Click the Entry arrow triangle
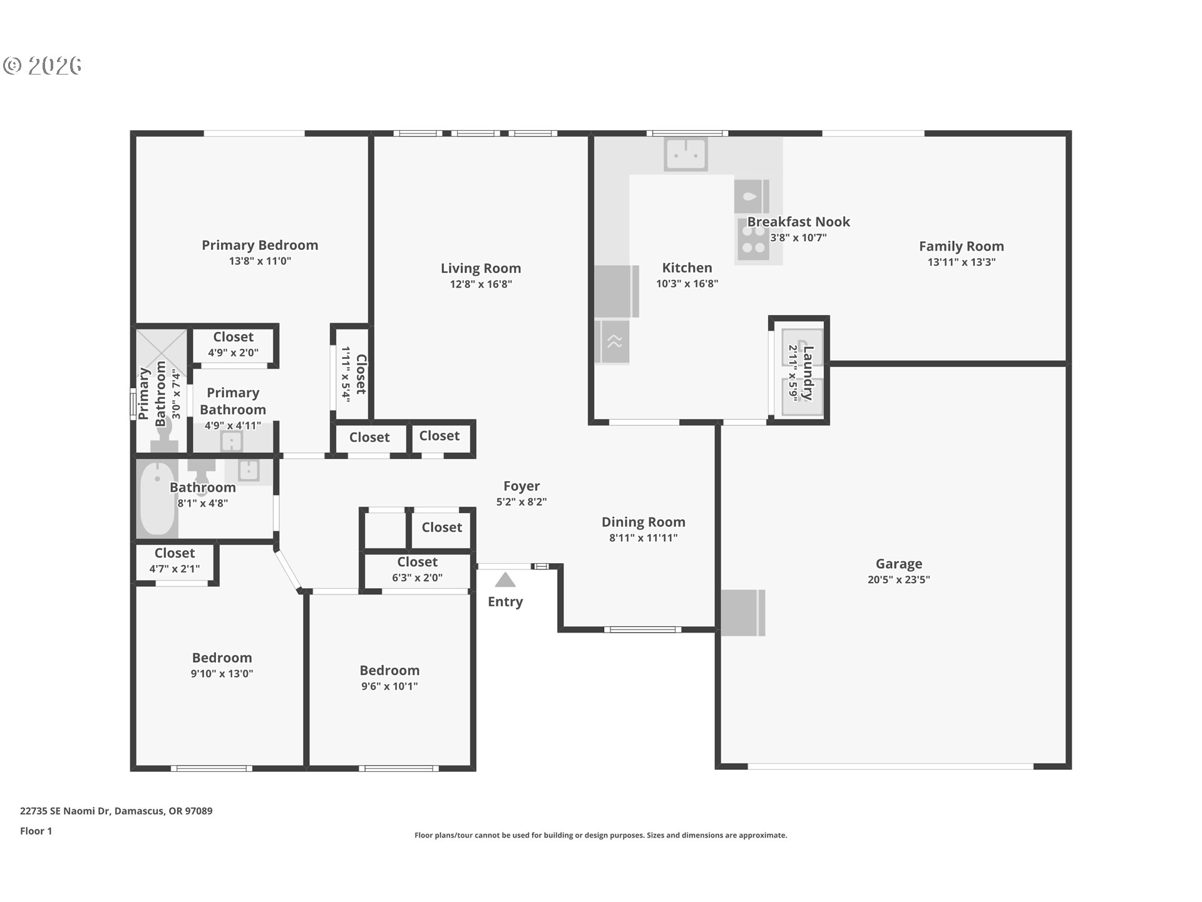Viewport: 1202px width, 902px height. point(505,579)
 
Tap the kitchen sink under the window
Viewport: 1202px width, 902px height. point(686,153)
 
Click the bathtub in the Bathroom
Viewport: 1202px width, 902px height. point(157,499)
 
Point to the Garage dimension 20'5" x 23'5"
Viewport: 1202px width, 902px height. point(898,579)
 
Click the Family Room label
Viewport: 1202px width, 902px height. point(961,246)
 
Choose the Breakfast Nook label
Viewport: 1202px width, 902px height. point(798,222)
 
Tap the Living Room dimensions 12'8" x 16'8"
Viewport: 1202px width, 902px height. point(481,284)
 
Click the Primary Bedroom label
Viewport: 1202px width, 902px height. point(260,246)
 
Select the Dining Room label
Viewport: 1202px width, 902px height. point(644,522)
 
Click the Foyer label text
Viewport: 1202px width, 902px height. point(521,486)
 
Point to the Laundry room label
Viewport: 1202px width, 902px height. point(808,373)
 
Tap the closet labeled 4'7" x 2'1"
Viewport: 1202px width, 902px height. point(175,560)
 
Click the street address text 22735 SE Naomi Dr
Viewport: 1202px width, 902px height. point(65,811)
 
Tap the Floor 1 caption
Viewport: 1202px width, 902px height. point(36,831)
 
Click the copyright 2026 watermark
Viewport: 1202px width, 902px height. point(42,66)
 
